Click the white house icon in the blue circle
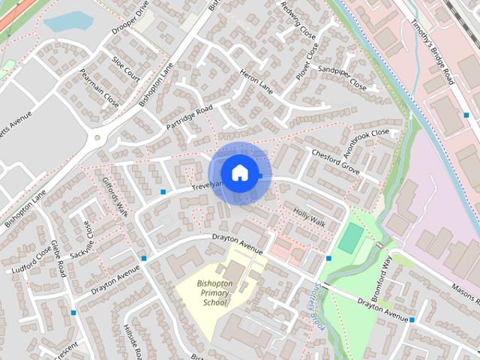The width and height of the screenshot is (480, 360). click(x=239, y=172)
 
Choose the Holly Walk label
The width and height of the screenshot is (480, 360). click(x=309, y=217)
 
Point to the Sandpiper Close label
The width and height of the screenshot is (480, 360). click(x=342, y=78)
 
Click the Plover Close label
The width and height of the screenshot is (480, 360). click(x=307, y=62)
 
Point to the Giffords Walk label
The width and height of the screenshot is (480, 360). click(x=115, y=196)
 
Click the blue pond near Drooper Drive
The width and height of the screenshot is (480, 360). click(x=67, y=22)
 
